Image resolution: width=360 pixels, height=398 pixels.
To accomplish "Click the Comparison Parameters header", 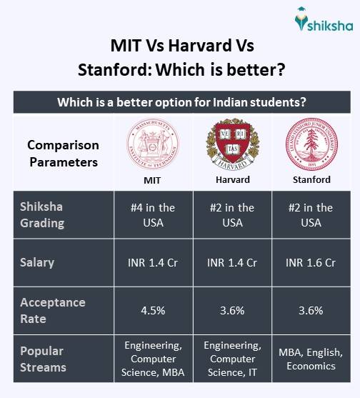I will (x=63, y=153).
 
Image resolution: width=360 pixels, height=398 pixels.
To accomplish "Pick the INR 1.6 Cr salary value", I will (x=311, y=262).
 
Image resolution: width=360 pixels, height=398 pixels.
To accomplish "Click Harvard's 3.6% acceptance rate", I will (x=231, y=310).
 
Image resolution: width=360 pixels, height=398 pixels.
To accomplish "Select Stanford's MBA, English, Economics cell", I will (x=311, y=359).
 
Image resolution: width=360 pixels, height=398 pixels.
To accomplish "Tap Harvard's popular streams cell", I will (x=231, y=359).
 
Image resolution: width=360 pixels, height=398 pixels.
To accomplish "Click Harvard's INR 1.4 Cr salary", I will (x=231, y=262).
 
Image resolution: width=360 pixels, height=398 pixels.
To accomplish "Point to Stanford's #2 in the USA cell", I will (x=311, y=214).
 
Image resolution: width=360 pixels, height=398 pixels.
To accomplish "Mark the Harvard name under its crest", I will (x=231, y=179).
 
